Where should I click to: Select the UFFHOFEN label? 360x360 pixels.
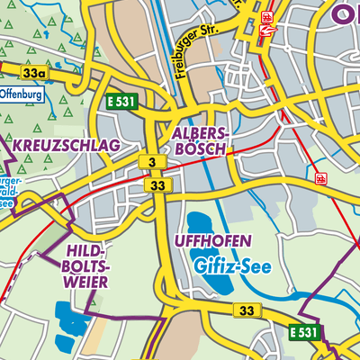click(213, 241)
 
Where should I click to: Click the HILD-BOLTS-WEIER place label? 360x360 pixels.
click(86, 265)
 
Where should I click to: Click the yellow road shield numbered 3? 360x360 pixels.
click(153, 161)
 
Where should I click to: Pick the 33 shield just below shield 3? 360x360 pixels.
click(158, 184)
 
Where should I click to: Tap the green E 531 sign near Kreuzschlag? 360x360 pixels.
click(120, 102)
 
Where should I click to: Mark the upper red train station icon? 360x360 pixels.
click(267, 17)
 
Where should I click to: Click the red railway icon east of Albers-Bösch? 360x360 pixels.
click(321, 178)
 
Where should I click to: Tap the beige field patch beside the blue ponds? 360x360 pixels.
click(95, 337)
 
